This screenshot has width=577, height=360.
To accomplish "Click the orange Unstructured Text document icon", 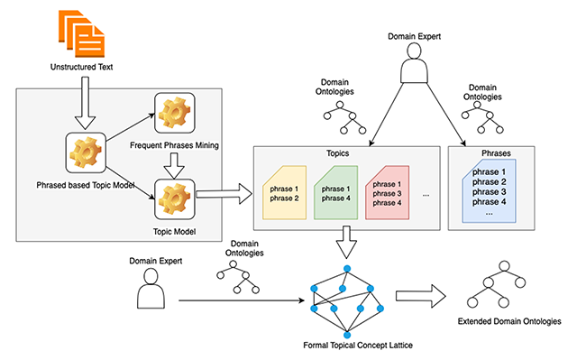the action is pyautogui.click(x=82, y=33).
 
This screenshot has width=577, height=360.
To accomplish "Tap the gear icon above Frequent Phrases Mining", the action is pyautogui.click(x=174, y=113).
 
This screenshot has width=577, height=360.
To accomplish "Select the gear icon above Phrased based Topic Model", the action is pyautogui.click(x=86, y=152).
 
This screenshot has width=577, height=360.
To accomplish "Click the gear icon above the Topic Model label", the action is pyautogui.click(x=174, y=199).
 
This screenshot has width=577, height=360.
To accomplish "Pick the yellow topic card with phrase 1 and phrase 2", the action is pyautogui.click(x=284, y=193).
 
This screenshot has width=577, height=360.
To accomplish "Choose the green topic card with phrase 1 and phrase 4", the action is pyautogui.click(x=335, y=193).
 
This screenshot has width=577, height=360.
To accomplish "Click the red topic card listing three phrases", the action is pyautogui.click(x=387, y=193).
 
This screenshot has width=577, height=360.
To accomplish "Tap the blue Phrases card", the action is pyautogui.click(x=489, y=191).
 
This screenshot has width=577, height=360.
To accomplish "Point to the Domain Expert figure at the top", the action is pyautogui.click(x=415, y=62).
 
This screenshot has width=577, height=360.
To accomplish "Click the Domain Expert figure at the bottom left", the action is pyautogui.click(x=151, y=288).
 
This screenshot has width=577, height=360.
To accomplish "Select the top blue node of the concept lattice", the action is pyautogui.click(x=347, y=269).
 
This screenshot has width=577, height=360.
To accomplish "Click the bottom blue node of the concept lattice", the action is pyautogui.click(x=347, y=335).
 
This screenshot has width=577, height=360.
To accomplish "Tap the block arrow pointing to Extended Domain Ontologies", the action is pyautogui.click(x=421, y=296).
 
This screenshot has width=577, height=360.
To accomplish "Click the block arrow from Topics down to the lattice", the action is pyautogui.click(x=346, y=242).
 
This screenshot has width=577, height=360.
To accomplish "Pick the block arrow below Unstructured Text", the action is pyautogui.click(x=85, y=103).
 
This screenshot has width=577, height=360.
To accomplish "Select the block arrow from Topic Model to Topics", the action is pyautogui.click(x=224, y=194).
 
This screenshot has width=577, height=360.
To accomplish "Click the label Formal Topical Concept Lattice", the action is pyautogui.click(x=358, y=346).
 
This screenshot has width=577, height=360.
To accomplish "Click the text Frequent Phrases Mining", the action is pyautogui.click(x=174, y=145).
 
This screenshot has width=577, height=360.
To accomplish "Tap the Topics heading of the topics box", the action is pyautogui.click(x=337, y=153).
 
